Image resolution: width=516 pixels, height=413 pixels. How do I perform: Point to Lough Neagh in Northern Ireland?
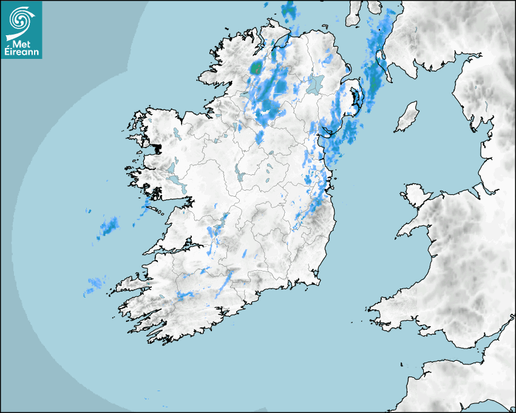point(315,83)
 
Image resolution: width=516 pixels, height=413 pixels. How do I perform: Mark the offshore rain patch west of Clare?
point(110,226)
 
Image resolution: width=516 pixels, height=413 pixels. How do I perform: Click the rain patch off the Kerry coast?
point(95,283)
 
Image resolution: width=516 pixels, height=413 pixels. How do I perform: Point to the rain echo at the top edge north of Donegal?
point(288,10)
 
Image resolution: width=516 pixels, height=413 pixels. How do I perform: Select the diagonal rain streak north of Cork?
point(225,282)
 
